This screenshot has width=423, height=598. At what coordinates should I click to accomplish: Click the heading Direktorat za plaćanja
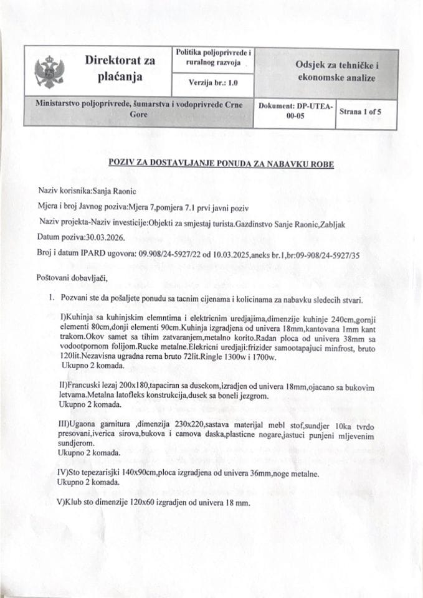point(120,69)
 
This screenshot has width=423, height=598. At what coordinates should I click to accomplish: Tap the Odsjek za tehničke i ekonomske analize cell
point(328,72)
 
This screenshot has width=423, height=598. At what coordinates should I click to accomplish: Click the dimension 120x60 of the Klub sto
point(147,501)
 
